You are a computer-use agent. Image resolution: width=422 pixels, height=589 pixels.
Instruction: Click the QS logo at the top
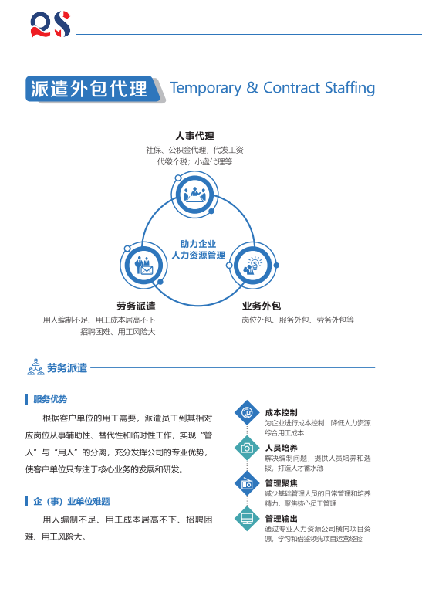tap(50, 24)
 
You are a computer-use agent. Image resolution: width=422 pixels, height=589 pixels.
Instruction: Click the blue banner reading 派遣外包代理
tap(93, 89)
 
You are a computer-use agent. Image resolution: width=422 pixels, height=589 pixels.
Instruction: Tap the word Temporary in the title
tap(206, 88)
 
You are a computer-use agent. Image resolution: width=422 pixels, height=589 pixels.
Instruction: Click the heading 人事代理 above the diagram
tap(195, 136)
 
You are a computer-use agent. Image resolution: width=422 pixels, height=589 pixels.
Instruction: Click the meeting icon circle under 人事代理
tap(194, 195)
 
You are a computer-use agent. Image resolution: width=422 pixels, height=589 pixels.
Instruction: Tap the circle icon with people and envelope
tap(143, 266)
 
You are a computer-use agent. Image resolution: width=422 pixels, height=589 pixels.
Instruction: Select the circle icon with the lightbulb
tap(253, 266)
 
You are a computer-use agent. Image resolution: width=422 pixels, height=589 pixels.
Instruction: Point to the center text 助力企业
tap(198, 244)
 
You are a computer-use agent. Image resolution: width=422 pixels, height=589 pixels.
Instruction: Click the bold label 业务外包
tap(262, 306)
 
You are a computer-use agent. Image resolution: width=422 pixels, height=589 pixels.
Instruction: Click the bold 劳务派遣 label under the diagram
tap(136, 306)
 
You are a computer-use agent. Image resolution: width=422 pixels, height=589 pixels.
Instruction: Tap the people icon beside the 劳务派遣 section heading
tap(35, 367)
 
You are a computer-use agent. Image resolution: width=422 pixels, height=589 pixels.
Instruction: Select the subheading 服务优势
tap(50, 399)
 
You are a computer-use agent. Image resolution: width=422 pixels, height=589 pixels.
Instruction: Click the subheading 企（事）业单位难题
tap(71, 501)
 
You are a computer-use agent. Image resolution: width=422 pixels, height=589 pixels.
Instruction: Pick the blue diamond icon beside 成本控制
tap(247, 412)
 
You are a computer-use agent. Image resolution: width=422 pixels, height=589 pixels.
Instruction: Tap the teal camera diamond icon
tap(247, 448)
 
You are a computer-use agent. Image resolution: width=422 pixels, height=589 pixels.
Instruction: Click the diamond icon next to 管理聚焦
tap(247, 483)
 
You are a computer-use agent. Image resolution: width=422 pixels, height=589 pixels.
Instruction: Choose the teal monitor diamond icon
tap(247, 519)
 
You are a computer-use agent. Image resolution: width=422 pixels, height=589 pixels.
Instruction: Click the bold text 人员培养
tap(282, 448)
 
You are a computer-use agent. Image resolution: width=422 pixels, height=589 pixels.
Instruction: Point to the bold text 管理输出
tap(282, 519)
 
